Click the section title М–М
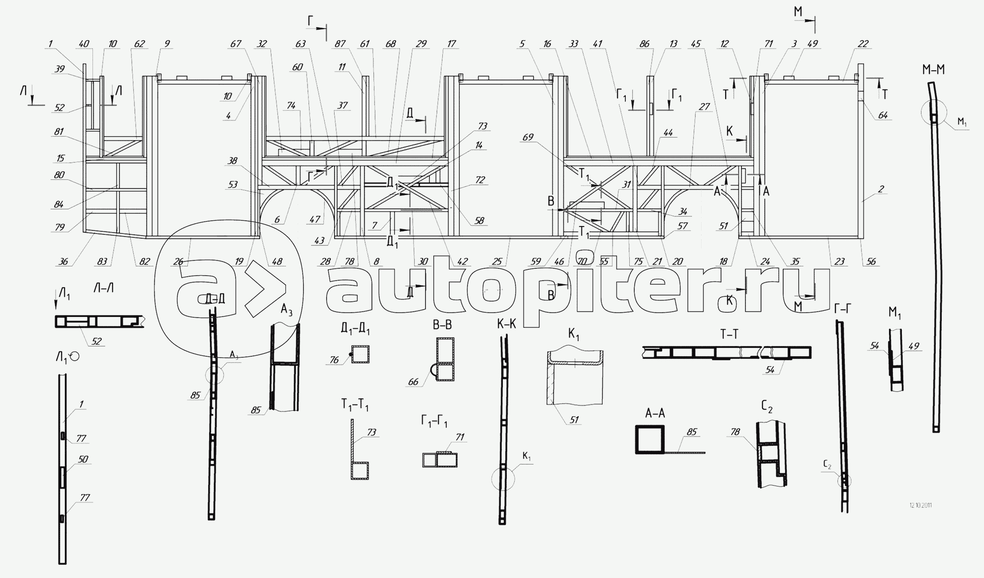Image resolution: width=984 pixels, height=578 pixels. point(933,70)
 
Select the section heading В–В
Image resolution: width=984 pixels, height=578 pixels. point(441,325)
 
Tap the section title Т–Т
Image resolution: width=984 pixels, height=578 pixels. point(729,335)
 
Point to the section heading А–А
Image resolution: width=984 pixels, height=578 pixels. point(655,413)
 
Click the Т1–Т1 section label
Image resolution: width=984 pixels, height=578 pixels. point(355,405)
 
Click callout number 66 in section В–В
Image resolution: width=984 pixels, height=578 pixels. point(413,382)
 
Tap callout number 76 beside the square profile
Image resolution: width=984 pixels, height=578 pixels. point(334,360)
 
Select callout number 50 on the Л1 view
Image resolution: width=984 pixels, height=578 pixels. point(83,460)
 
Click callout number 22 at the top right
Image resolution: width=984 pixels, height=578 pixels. point(863,44)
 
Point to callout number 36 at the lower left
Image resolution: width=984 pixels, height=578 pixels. point(63,262)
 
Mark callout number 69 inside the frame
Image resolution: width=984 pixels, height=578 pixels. point(528,138)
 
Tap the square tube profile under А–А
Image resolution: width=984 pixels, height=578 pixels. point(649,439)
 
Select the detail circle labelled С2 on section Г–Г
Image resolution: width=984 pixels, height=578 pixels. point(844,481)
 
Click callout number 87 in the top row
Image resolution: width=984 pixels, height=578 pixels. point(340,44)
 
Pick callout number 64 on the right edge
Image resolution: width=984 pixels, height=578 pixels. point(883,115)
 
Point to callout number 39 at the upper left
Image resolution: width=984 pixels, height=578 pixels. point(60,69)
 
